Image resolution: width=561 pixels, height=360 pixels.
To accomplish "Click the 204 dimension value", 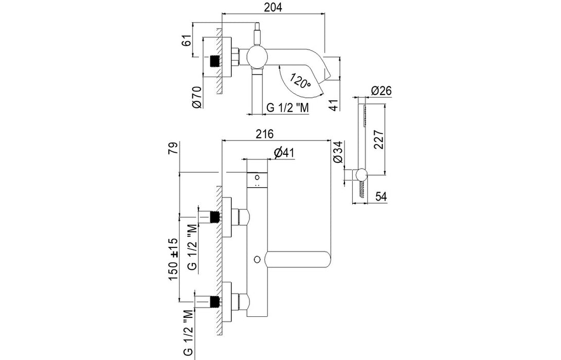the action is pos(273,7).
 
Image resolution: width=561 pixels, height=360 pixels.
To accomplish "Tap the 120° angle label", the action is pos(300,81).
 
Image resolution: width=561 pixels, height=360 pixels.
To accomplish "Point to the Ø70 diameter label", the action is pos(197,97).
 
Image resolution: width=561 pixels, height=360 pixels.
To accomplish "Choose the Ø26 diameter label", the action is pos(382,91).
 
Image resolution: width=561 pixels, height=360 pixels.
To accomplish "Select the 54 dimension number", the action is pos(381,196).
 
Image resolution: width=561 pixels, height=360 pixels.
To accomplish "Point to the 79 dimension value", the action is pos(173,148).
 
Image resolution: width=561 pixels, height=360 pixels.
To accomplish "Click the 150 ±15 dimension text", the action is pos(173,259).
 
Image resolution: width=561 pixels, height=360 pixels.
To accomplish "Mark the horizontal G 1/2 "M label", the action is pos(287,107).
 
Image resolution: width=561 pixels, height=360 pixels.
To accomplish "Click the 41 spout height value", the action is pos(333,105).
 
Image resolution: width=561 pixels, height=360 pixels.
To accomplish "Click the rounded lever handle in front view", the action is pos(298,259).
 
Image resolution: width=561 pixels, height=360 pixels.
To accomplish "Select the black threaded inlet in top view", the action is pos(214,62).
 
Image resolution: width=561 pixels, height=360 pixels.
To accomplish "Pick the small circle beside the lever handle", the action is pos(257,259).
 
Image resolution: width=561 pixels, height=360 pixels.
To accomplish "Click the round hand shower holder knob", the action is pos(361,174).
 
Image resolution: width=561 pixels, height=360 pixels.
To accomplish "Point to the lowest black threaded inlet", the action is pos(214,301).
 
